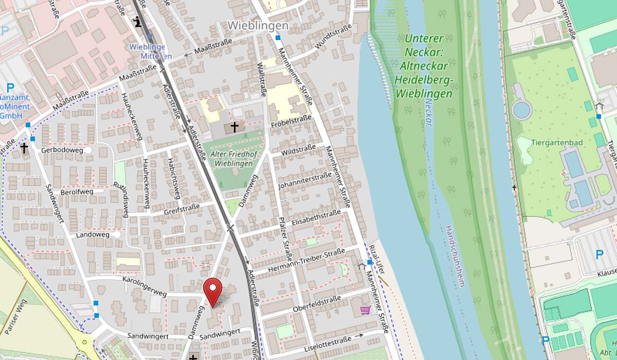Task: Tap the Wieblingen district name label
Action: [x=258, y=25]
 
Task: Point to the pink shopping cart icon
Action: [x=365, y=310]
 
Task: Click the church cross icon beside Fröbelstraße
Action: [x=234, y=127]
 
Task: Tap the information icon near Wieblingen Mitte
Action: [x=137, y=21]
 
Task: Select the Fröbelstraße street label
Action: [x=291, y=122]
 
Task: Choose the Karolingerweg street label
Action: [x=144, y=286]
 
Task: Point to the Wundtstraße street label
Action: [x=334, y=37]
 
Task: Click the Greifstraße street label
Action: [x=180, y=211]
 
